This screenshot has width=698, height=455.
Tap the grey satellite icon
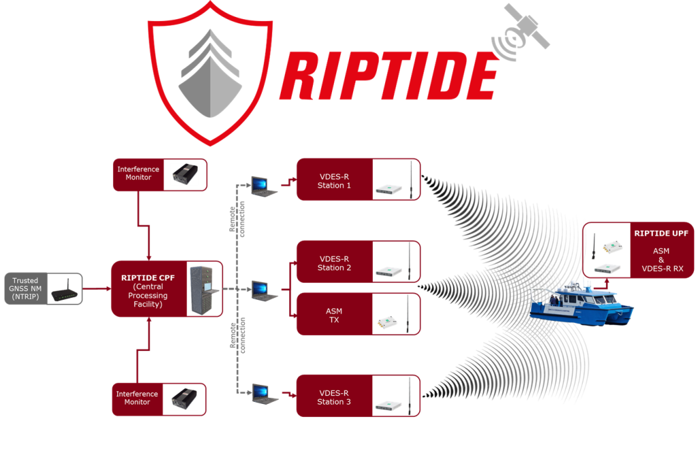pos(527,28)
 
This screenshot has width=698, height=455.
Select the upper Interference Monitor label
pos(138,174)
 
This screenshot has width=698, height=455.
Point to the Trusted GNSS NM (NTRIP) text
pos(25,289)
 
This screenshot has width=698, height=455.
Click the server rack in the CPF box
pos(204,288)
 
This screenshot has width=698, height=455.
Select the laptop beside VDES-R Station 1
pos(263,186)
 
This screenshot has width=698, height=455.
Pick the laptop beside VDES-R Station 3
pos(263,394)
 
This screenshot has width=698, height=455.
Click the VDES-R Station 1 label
pos(335,181)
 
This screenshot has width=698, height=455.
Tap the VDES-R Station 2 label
pos(335,263)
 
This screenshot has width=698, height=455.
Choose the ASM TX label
pos(334,315)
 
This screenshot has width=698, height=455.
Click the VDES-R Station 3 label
pos(335,397)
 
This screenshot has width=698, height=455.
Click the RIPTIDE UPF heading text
pos(661,234)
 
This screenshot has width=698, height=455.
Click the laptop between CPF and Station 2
pos(263,290)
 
